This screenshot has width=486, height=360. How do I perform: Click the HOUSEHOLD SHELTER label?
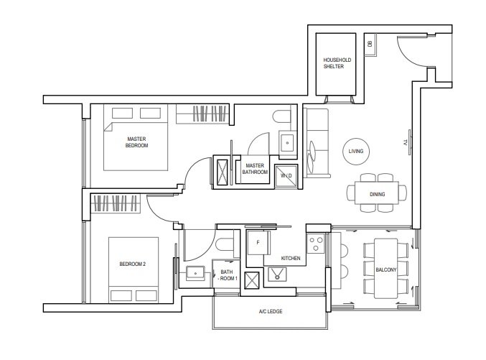(337, 63)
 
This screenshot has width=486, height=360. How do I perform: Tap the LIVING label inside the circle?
(356, 151)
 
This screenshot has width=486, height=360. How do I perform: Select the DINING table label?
(377, 194)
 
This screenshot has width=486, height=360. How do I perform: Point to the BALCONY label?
(386, 269)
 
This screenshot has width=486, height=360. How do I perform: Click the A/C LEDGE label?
(271, 311)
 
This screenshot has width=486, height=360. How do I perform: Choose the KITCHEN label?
(291, 258)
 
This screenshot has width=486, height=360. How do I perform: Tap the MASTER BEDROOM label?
(136, 142)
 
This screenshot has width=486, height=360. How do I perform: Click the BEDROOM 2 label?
(132, 264)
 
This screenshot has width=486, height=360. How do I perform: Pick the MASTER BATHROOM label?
(255, 169)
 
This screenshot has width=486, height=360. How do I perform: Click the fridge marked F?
(258, 243)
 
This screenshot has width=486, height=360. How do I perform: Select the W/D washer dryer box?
(286, 176)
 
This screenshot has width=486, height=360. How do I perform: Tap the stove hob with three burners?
(316, 244)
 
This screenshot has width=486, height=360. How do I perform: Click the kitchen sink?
(277, 274)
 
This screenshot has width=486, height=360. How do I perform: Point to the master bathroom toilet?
(282, 117)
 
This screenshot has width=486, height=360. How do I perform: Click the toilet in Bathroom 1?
(225, 244)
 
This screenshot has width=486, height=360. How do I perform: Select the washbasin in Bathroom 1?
(195, 273)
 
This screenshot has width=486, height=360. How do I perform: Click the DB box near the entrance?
(370, 44)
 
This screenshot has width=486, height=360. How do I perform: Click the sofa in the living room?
(316, 143)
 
